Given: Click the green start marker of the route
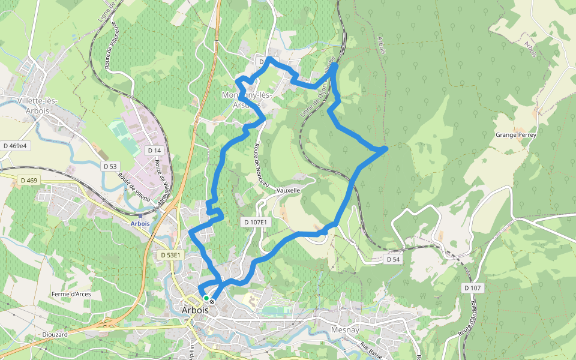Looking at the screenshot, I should tap(206, 298).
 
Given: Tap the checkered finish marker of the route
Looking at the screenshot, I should tap(212, 302).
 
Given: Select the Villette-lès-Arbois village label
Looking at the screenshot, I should tap(37, 105).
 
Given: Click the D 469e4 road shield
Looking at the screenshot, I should tap(15, 146).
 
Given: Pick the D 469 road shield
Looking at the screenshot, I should tap(28, 180).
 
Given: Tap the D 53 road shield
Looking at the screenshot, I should tap(110, 166).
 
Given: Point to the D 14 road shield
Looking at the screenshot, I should tap(154, 150).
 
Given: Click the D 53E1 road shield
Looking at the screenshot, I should tap(170, 255).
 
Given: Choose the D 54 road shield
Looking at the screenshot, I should tap(392, 259).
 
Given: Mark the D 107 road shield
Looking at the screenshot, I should tap(472, 289).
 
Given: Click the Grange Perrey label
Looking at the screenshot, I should tap(515, 135).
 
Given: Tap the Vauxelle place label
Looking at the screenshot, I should tap(289, 190).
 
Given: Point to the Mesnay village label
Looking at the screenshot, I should tap(344, 329).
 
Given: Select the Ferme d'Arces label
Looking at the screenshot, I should tap(71, 293).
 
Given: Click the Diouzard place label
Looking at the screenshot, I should tap(55, 334).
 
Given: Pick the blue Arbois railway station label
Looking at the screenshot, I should tap(140, 223).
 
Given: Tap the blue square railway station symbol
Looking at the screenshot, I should tap(140, 215).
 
